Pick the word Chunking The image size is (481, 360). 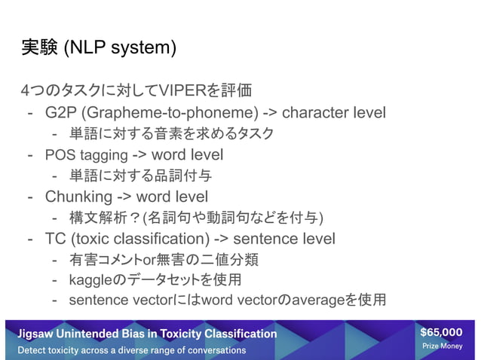click(78, 197)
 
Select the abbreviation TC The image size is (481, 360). click(55, 239)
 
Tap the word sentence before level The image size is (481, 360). click(260, 239)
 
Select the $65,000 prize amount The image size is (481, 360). click(442, 332)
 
